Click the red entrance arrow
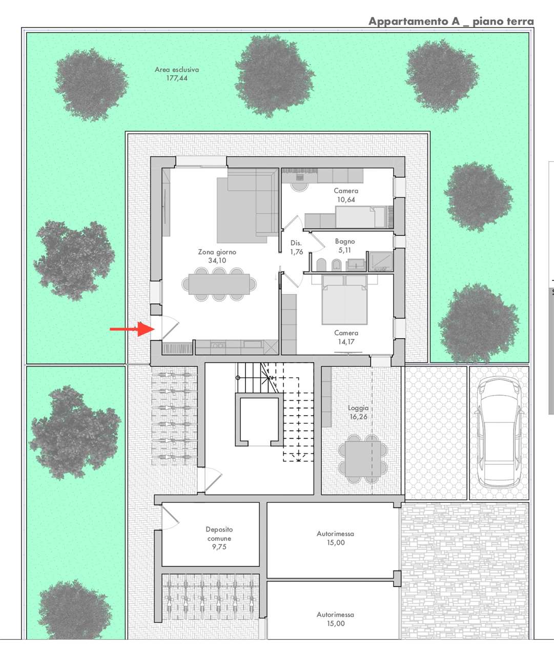click(132, 329)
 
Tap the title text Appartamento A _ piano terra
click(451, 22)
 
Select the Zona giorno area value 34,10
click(217, 260)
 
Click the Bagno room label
click(345, 241)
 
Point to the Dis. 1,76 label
click(296, 247)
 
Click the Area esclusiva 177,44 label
click(177, 73)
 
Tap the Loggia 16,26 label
click(358, 412)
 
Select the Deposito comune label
click(219, 534)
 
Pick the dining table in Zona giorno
click(219, 284)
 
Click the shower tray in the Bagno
click(381, 261)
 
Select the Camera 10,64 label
click(346, 195)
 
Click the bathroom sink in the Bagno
click(356, 264)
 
